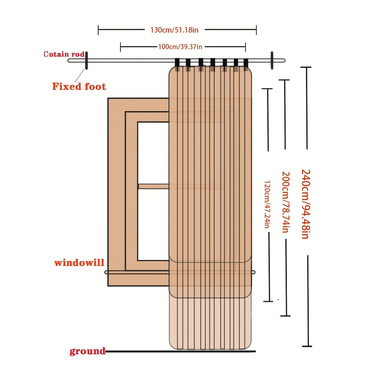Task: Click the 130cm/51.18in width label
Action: (x=174, y=30)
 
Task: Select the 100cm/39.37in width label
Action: (x=180, y=47)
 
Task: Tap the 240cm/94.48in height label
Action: (x=305, y=204)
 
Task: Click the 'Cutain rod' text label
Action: (x=64, y=54)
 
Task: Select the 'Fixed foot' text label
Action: (x=79, y=86)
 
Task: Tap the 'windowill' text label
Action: (x=79, y=262)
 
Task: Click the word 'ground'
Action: (x=87, y=351)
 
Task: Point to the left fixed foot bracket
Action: (x=86, y=60)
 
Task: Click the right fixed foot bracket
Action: (x=272, y=60)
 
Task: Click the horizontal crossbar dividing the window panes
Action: (x=153, y=186)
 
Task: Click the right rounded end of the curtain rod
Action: (x=283, y=60)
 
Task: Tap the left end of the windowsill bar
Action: (x=106, y=272)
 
